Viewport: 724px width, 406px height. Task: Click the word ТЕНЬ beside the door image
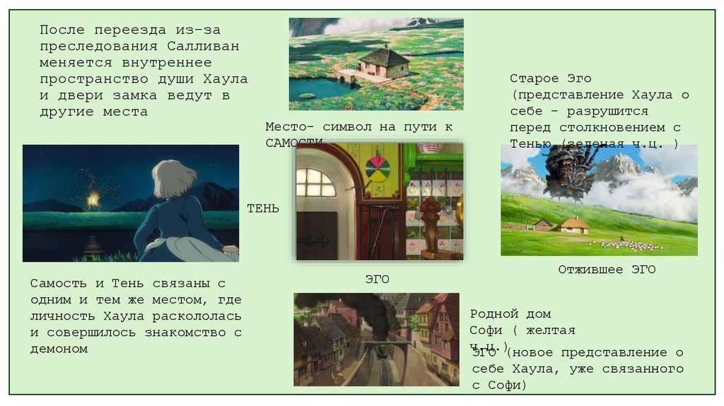coord(263,209)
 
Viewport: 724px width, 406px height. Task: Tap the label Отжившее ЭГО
coord(607,269)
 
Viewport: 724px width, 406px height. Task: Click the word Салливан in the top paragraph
coord(204,47)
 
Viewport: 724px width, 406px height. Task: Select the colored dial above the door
coord(378,168)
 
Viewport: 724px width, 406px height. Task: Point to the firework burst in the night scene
coord(93,197)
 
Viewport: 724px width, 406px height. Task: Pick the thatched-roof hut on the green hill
coord(574,226)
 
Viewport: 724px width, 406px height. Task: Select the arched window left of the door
coord(315,183)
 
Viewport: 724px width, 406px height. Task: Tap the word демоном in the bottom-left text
coord(59,349)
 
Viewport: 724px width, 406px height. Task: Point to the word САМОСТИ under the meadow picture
coord(294,143)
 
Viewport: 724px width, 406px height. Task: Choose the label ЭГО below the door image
coord(378,279)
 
